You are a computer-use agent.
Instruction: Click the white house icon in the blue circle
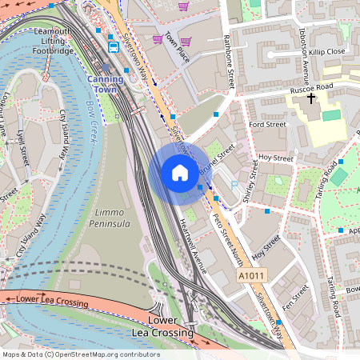tap(180, 172)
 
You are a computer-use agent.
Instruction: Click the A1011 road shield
tap(250, 275)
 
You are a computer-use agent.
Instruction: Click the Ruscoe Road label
tap(313, 88)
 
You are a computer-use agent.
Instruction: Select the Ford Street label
tap(266, 125)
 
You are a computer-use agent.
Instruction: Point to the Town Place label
tap(177, 54)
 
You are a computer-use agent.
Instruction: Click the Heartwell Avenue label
tap(194, 246)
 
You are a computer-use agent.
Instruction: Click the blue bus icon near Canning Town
tap(114, 46)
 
